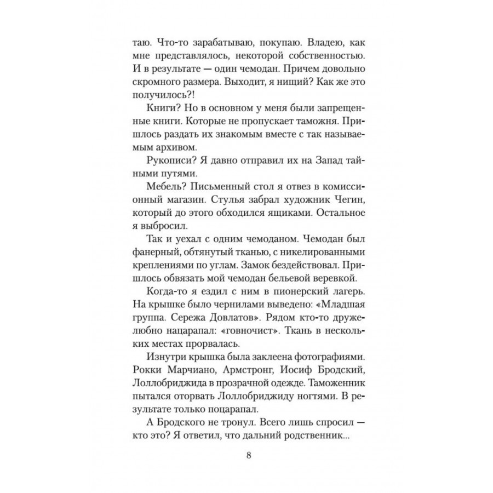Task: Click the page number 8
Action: coord(249,457)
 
